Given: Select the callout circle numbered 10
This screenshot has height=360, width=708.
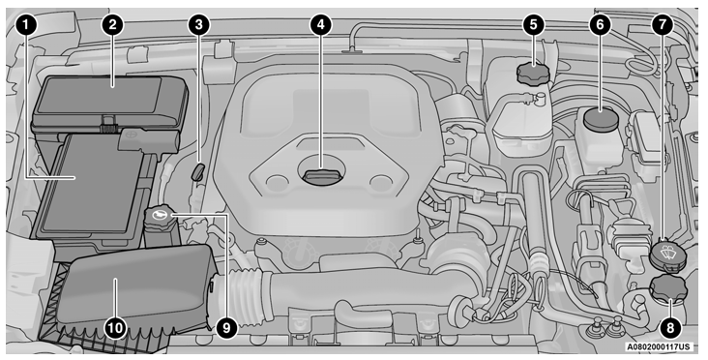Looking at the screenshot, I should point(115,328).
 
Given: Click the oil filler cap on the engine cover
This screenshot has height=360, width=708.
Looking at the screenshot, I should point(319,176).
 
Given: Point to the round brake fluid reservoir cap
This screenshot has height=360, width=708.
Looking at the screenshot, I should point(601,122).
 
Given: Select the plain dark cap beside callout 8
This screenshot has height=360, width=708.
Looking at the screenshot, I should point(665,288).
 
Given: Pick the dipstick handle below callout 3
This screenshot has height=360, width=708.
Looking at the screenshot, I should point(197,172).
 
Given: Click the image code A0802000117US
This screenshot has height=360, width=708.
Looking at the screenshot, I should point(658,345).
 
